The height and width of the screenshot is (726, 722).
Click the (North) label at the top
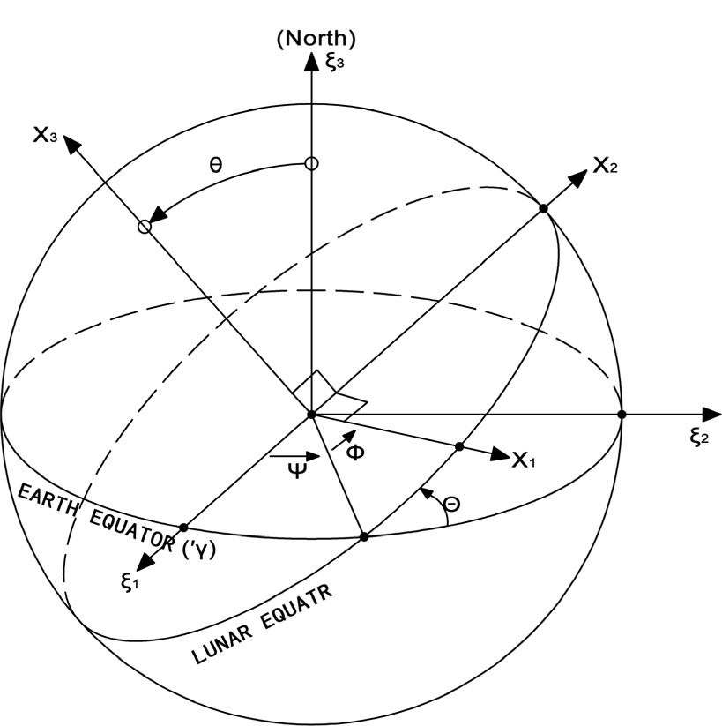[x=315, y=38]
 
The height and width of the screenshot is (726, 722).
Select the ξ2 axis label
[x=700, y=437]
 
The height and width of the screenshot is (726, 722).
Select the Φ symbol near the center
[x=354, y=452]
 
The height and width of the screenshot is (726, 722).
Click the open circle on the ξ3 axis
[x=310, y=163]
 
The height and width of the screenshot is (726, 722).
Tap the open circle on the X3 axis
[x=145, y=227]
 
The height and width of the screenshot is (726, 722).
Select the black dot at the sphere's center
[x=310, y=414]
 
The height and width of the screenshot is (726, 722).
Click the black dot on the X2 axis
[x=543, y=207]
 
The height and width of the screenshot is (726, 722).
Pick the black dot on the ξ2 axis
[x=622, y=414]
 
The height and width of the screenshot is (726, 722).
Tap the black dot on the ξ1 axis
[x=183, y=528]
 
